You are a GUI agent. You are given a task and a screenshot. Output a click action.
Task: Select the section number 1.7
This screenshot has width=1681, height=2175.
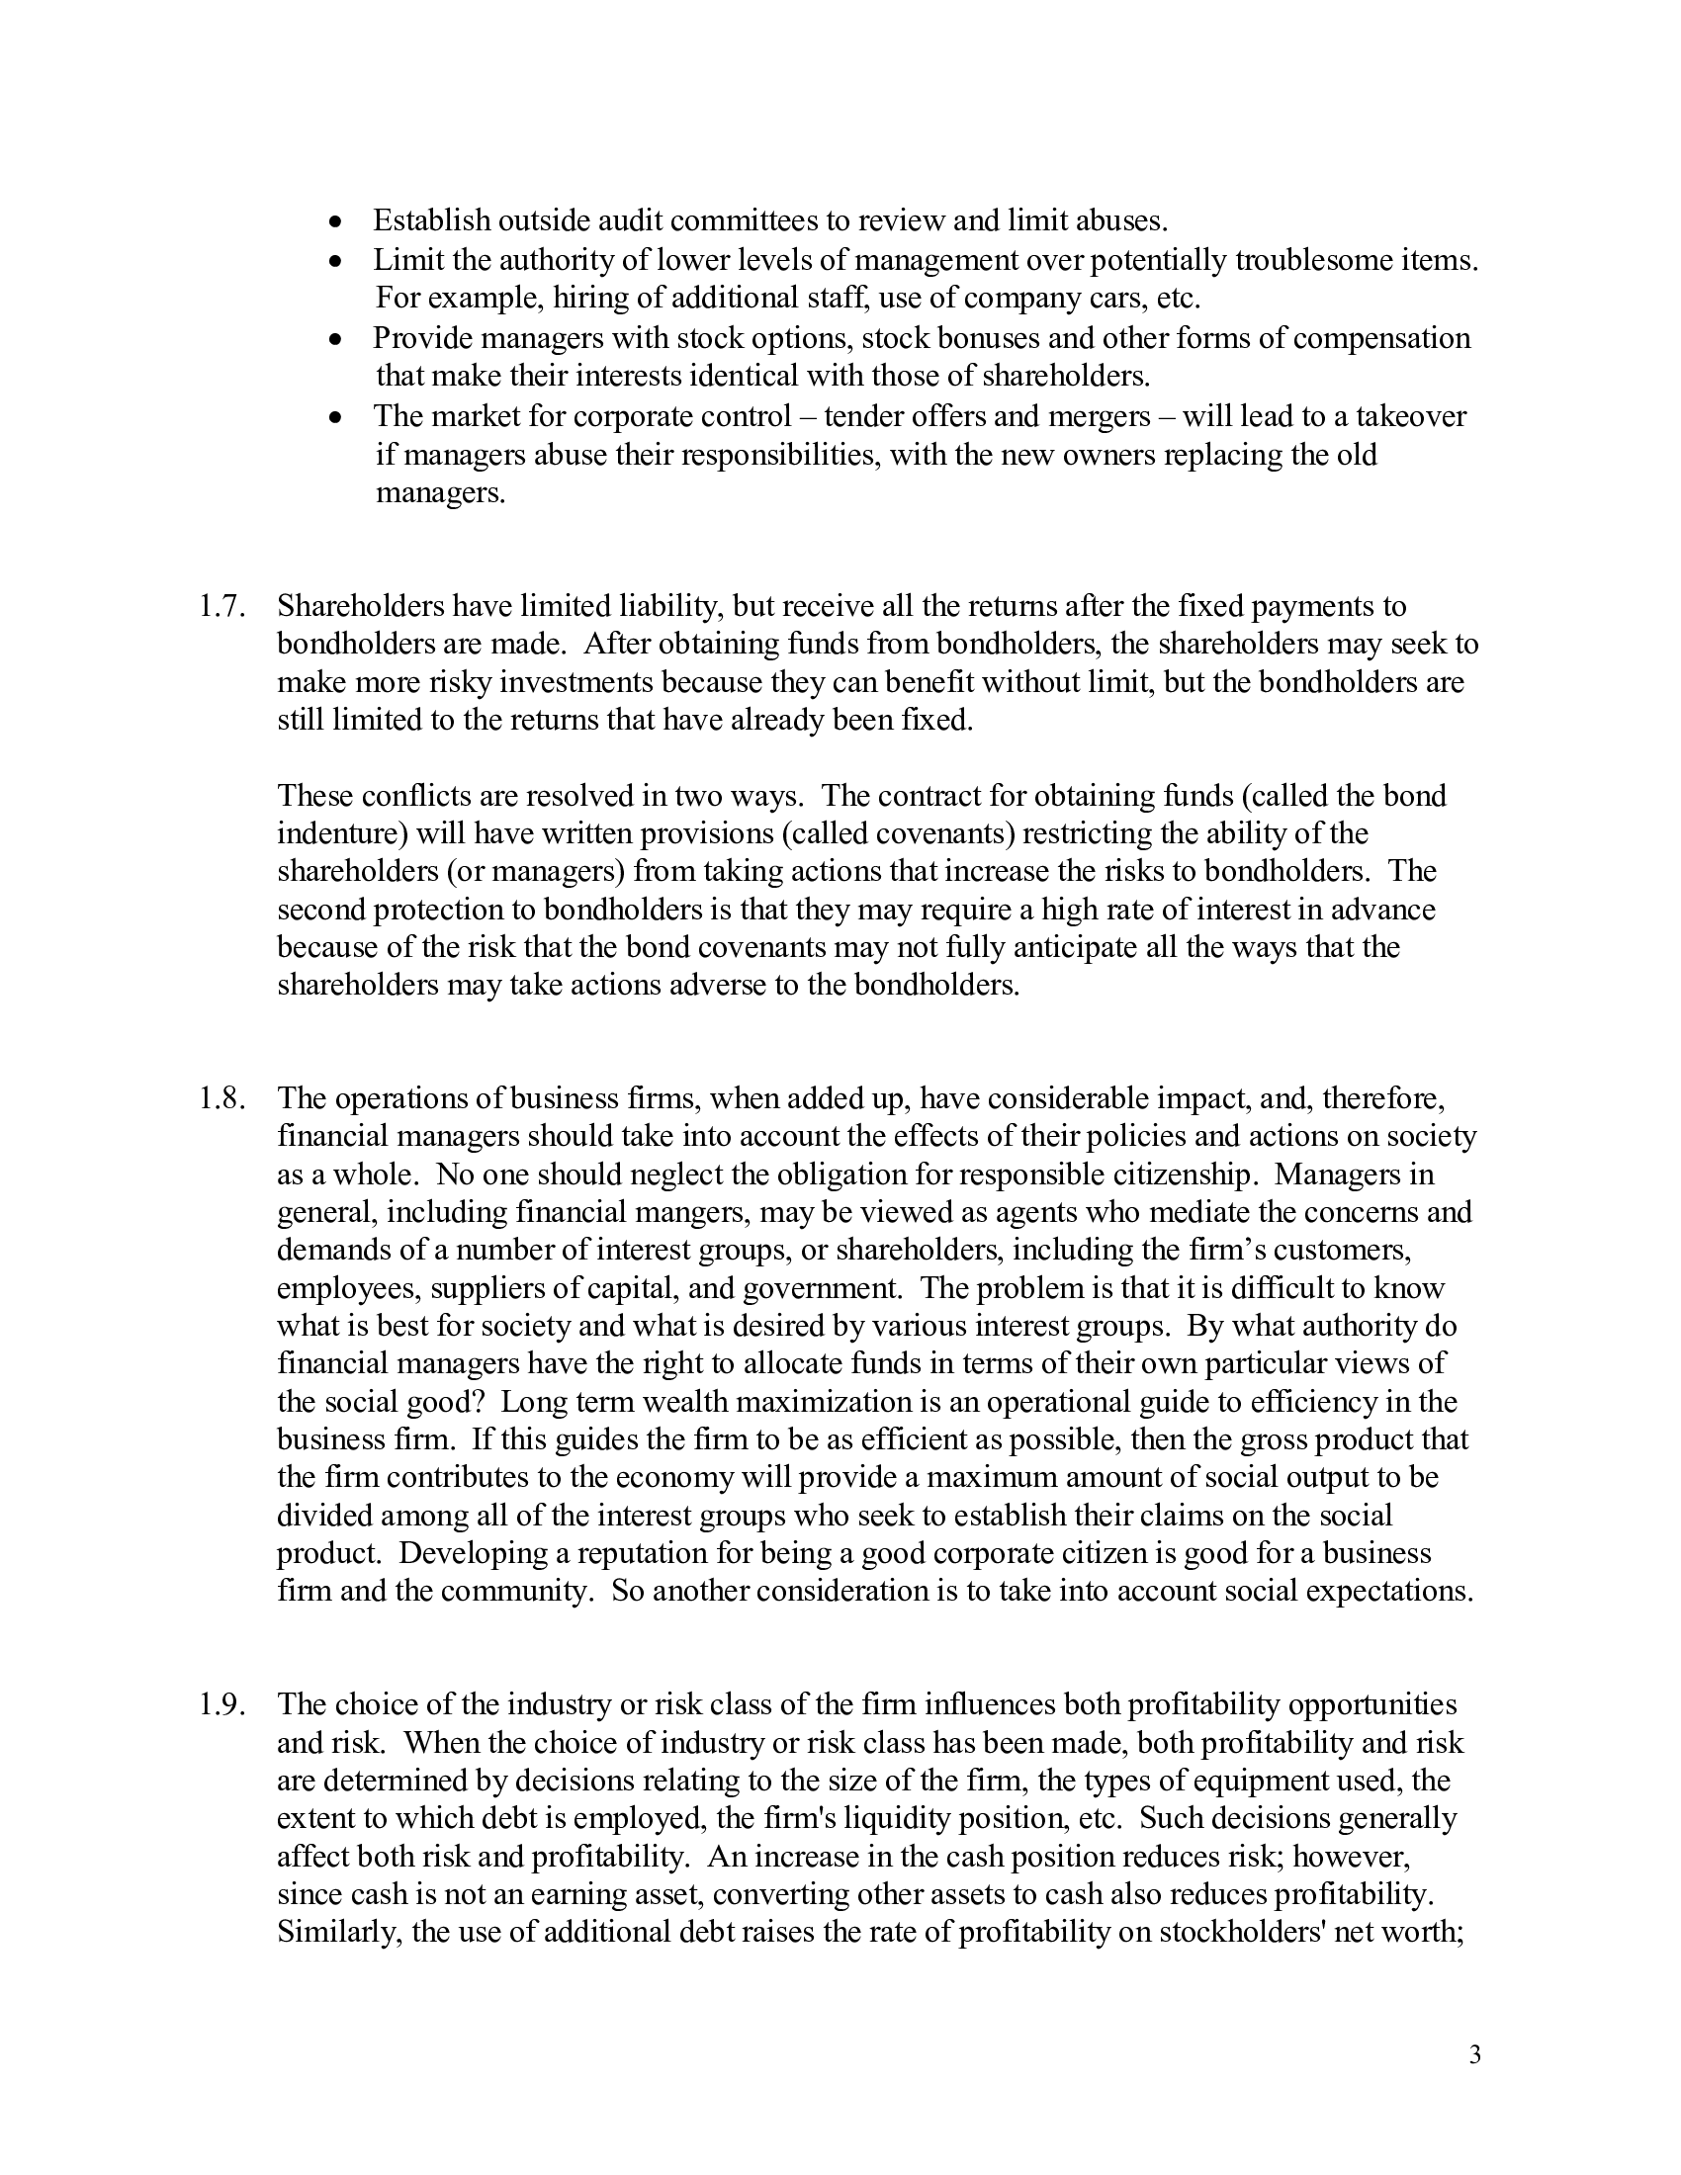[x=221, y=606]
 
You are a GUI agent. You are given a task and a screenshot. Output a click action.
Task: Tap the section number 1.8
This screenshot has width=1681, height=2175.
[x=221, y=1098]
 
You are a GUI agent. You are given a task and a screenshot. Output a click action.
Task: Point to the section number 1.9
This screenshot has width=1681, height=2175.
[x=221, y=1705]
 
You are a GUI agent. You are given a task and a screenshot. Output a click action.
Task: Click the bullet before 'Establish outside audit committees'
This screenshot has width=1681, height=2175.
[x=337, y=221]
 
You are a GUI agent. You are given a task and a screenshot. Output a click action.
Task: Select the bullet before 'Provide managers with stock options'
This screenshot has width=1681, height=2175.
[x=337, y=339]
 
